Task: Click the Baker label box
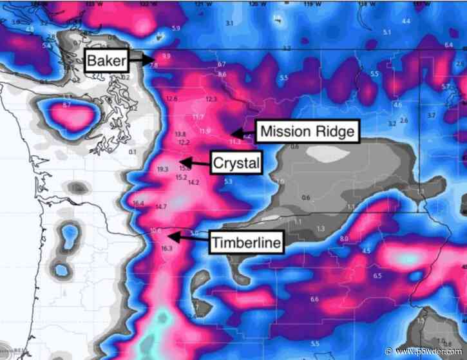coord(106,62)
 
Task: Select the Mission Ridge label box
coord(306,131)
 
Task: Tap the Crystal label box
coord(236,164)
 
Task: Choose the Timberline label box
coord(245,243)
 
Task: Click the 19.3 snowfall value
coord(162,169)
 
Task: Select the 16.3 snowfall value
coord(167,249)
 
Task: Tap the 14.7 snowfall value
coord(161,207)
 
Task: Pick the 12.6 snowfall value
coord(171,99)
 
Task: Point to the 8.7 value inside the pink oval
coord(67,104)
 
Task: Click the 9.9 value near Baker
coord(166,57)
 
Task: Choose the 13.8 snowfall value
coord(180,134)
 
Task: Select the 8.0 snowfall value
coord(343,239)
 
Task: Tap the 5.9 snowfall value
coord(176,29)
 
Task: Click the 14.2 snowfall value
coord(193,183)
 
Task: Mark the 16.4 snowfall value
coord(137,204)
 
